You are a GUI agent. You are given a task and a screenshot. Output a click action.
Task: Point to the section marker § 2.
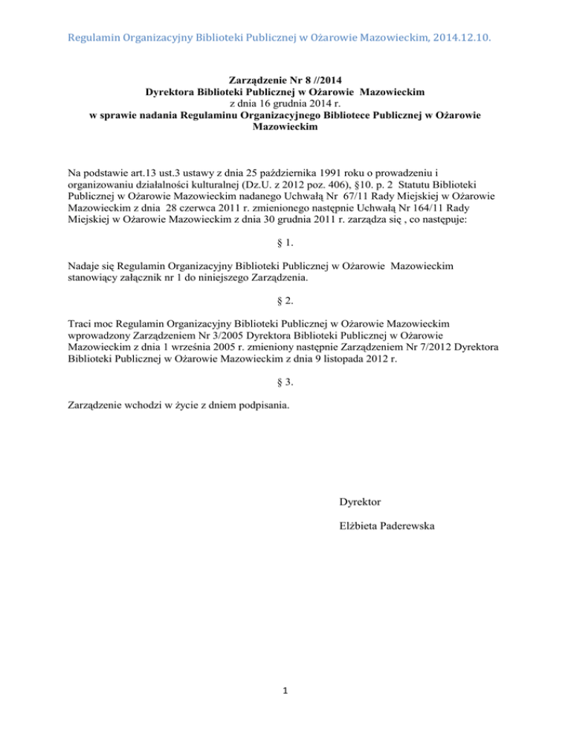coord(285,300)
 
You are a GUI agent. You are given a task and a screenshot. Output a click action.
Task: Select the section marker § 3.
coord(285,381)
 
